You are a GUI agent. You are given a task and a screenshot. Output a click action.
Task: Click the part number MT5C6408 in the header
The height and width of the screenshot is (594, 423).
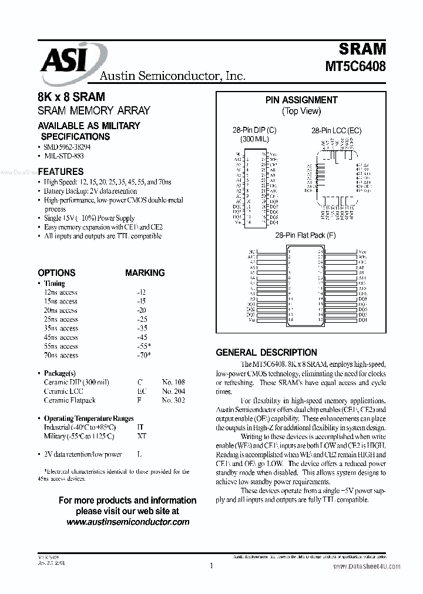pos(355,66)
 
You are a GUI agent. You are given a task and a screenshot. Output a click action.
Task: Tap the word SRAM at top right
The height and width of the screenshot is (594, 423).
pos(362,48)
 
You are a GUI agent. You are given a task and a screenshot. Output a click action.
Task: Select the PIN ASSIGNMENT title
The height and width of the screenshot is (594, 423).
pos(301,100)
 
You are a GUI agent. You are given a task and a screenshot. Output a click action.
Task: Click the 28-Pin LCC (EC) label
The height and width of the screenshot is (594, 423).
pos(336,130)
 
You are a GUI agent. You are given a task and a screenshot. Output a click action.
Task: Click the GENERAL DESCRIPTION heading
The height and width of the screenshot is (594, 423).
pos(266,353)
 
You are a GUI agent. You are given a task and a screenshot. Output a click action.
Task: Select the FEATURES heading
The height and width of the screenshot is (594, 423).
pos(61,172)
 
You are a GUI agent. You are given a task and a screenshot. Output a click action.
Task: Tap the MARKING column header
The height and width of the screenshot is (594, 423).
pos(145,273)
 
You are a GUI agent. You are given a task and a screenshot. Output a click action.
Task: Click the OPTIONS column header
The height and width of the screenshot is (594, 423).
pos(56,273)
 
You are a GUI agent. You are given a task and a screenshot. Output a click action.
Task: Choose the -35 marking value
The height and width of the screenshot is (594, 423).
pos(141,328)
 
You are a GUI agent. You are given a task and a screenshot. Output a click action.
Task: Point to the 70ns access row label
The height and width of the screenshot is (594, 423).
pos(61,355)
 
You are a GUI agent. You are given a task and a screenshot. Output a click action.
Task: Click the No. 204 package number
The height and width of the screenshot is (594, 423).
pos(173,391)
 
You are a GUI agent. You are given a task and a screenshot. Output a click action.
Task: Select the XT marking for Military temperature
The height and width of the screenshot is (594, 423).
pos(141,436)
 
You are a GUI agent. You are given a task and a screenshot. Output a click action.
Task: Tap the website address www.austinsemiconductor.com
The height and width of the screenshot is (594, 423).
pos(127,522)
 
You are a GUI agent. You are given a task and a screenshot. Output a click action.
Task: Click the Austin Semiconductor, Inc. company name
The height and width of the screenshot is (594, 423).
pos(172,76)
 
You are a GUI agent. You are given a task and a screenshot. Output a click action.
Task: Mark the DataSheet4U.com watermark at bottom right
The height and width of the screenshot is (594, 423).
pos(375,567)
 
